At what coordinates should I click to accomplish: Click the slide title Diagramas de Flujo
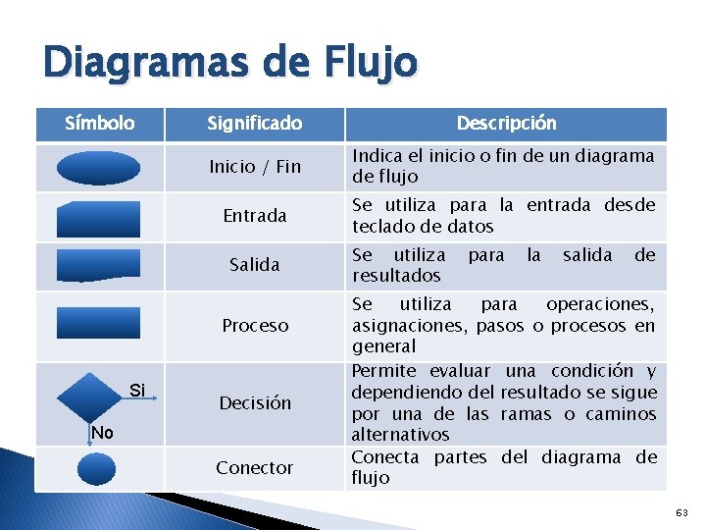[229, 65]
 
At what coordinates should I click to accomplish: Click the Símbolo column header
[99, 124]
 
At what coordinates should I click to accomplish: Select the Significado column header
[254, 124]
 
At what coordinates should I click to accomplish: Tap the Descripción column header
[506, 124]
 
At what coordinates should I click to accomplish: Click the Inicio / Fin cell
[255, 167]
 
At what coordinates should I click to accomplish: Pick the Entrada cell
[255, 216]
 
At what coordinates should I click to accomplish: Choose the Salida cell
[255, 264]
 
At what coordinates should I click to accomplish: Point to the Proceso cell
[255, 325]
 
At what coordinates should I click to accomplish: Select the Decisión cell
[255, 402]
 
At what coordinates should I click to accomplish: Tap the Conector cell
[255, 467]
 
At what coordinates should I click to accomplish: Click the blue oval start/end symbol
[98, 168]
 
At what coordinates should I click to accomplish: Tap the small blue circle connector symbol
[96, 467]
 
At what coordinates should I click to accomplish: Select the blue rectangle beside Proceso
[98, 325]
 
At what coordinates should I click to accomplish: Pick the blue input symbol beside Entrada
[98, 217]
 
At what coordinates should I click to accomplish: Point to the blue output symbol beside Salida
[98, 264]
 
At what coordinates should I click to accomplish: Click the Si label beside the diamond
[138, 392]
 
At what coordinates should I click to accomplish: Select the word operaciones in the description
[600, 304]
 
